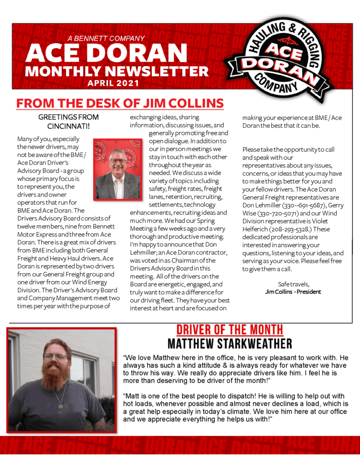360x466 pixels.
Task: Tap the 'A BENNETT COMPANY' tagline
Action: coord(106,39)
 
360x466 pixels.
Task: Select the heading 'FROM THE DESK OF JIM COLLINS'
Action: coord(120,103)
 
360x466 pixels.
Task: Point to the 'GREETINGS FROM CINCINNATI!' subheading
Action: coord(68,121)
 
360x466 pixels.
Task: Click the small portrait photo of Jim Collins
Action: coord(117,169)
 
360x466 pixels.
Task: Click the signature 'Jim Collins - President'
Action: coord(293,292)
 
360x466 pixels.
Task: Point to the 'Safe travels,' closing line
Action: coord(293,284)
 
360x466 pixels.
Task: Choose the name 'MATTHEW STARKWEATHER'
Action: coord(229,344)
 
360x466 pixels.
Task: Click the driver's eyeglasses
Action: coord(56,357)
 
